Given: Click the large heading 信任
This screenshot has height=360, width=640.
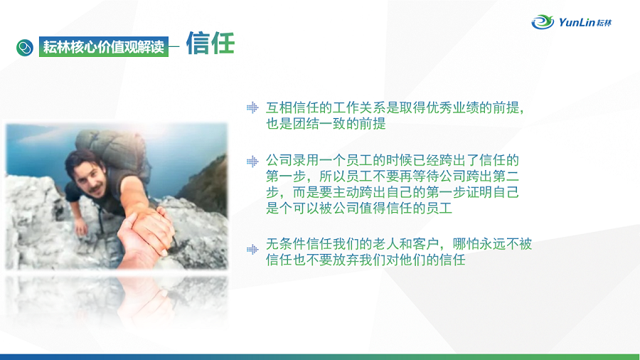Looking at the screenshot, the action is click(x=210, y=43).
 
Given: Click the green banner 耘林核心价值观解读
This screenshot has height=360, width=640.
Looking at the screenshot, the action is click(x=104, y=46).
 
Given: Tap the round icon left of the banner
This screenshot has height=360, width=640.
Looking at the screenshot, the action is click(x=25, y=48).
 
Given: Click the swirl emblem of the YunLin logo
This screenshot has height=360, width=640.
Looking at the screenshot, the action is click(x=543, y=21).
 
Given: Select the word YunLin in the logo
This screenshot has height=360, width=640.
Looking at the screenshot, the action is click(x=576, y=22).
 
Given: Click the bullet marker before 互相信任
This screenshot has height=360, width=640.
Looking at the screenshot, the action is click(x=252, y=107).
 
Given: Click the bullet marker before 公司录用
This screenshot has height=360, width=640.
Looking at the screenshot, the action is click(x=252, y=162).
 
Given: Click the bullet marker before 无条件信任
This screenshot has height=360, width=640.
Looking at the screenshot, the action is click(x=252, y=250).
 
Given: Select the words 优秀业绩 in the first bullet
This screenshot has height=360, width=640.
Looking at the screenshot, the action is click(x=452, y=107).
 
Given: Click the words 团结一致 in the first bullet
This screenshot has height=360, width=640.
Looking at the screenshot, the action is click(x=319, y=124).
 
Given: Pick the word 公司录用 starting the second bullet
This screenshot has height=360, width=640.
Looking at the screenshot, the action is click(x=292, y=160).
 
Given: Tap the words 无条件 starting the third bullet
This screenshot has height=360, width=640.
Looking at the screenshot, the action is click(x=286, y=244).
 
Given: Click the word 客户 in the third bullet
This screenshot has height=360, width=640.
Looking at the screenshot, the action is click(x=426, y=244).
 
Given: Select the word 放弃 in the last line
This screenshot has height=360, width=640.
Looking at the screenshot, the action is click(x=346, y=260).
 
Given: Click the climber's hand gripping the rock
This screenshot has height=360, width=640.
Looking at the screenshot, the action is click(x=81, y=226).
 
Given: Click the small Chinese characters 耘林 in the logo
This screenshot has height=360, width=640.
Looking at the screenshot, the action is click(x=604, y=23).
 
